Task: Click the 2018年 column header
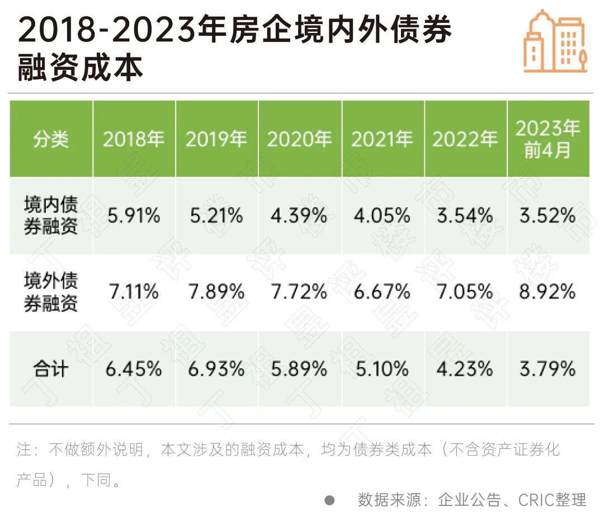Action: [134, 139]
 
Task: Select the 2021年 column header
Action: [382, 139]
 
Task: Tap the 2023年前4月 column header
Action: [548, 139]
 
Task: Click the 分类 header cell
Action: [51, 139]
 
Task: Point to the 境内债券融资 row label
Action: [51, 215]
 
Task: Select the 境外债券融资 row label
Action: [51, 292]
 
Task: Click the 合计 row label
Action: [51, 369]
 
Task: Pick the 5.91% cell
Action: [134, 215]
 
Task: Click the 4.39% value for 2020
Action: [299, 215]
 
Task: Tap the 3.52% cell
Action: [548, 215]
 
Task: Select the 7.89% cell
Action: [216, 292]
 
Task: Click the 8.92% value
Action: [548, 292]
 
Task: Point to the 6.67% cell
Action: [382, 292]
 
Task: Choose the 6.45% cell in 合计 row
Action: [134, 369]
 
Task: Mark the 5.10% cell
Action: [382, 369]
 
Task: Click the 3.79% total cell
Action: [548, 369]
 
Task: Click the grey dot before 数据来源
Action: [329, 500]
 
